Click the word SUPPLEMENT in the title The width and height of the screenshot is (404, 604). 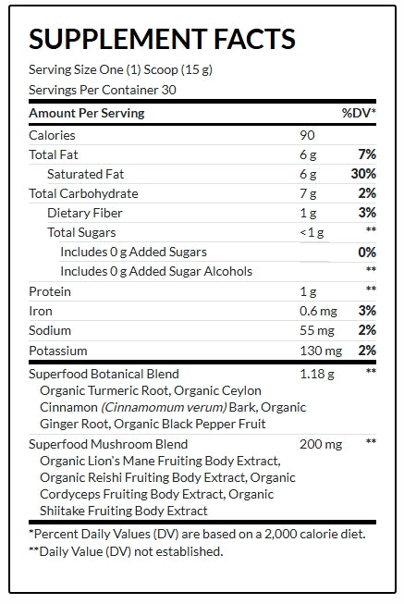click(118, 39)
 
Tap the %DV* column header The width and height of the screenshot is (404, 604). click(359, 113)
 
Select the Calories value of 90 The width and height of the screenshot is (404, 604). click(307, 135)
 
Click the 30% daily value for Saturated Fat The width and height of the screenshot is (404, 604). click(363, 174)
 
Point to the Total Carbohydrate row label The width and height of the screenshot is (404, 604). click(83, 193)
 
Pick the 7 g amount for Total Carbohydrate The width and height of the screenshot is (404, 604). click(308, 193)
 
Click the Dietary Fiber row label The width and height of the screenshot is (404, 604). click(85, 213)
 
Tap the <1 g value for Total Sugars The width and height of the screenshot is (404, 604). click(312, 233)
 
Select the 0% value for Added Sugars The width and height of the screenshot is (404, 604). click(367, 253)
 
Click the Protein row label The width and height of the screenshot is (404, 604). click(50, 291)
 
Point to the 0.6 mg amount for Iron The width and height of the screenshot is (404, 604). click(319, 311)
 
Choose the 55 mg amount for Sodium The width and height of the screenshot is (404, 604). click(317, 330)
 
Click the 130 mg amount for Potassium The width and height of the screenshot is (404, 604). click(321, 351)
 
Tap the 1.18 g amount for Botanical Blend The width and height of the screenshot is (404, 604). click(317, 374)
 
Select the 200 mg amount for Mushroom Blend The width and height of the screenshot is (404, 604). click(321, 444)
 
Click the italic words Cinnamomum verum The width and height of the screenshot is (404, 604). click(164, 407)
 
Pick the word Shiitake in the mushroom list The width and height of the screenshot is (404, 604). click(62, 511)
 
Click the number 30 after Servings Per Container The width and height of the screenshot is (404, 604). click(168, 90)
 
